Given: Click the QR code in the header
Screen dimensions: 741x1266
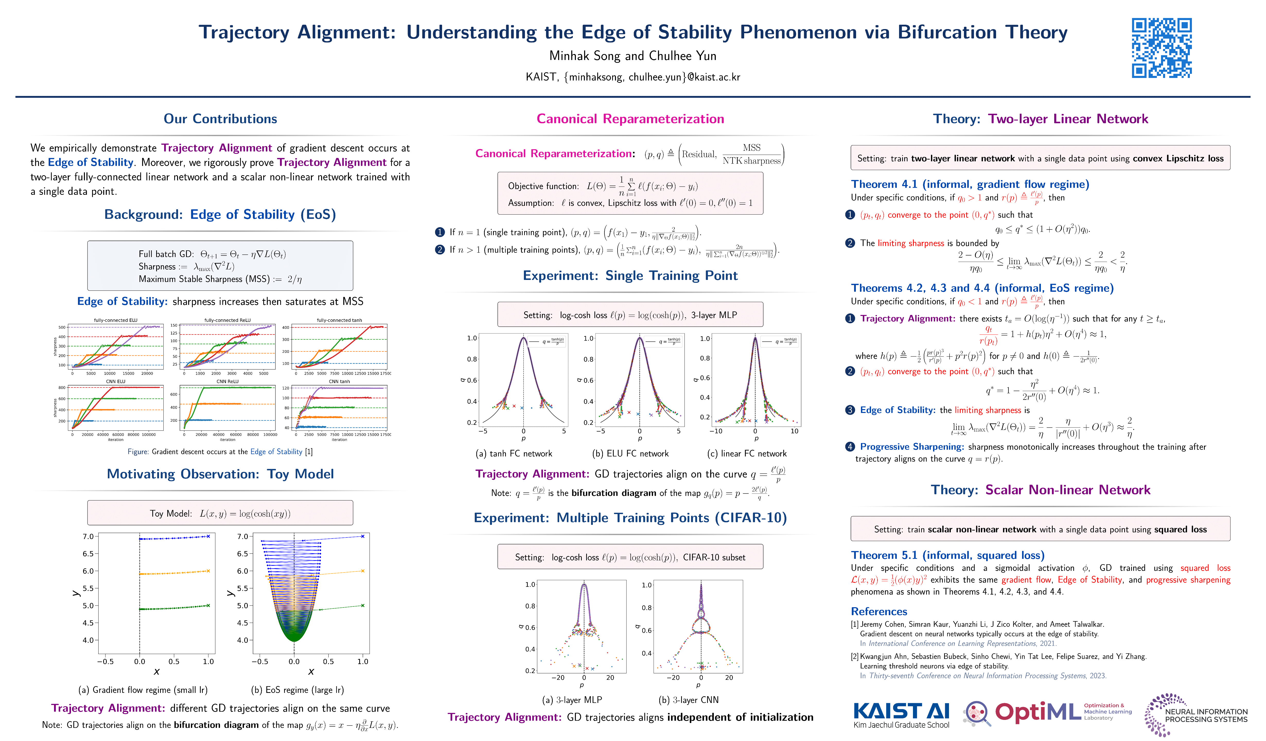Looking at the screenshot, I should [1162, 48].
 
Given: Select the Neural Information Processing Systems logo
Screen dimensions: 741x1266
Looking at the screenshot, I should [1196, 714].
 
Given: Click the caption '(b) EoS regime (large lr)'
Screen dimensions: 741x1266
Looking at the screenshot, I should [297, 690].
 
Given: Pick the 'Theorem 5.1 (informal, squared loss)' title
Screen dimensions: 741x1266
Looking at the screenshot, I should [947, 555].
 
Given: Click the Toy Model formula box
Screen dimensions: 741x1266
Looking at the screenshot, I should [220, 513].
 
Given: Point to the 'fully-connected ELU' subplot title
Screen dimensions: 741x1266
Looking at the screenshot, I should [116, 320].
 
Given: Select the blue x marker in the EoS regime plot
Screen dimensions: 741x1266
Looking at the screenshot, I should [363, 536].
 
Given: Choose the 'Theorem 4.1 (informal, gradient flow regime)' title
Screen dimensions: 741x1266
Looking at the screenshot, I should [970, 184].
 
